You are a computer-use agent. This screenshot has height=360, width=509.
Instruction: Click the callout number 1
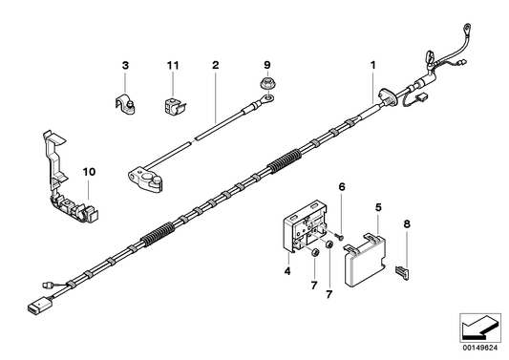click(x=373, y=66)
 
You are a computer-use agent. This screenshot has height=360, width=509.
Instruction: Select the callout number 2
click(x=216, y=66)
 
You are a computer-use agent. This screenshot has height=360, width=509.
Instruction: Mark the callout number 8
click(x=408, y=226)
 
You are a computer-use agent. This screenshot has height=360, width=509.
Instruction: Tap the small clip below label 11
click(x=172, y=103)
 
